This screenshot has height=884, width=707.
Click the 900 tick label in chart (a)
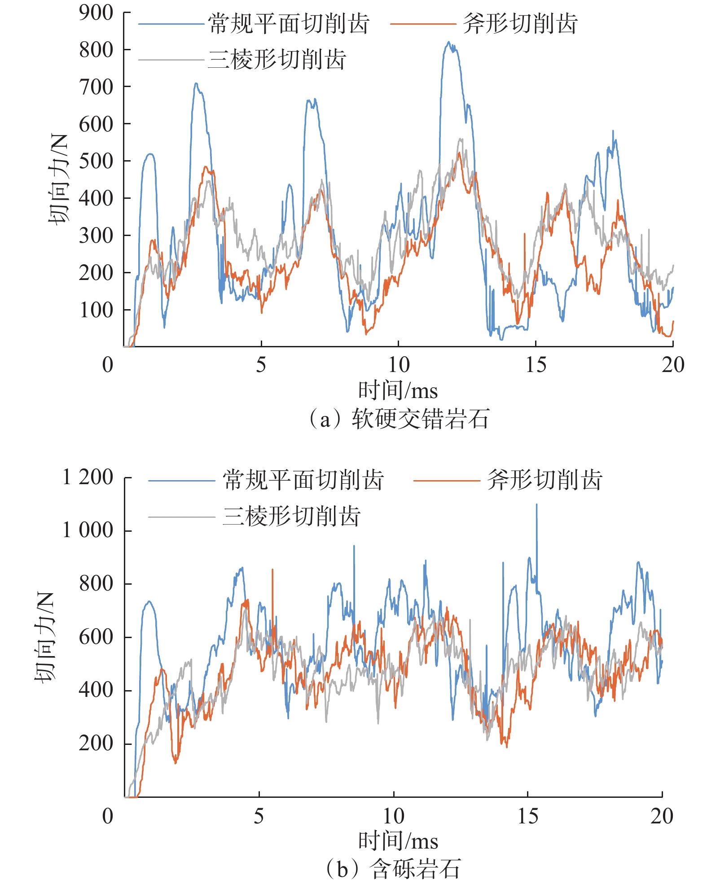(96, 13)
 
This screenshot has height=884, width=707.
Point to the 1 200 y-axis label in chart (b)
(88, 477)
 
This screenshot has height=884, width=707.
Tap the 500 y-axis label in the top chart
(96, 161)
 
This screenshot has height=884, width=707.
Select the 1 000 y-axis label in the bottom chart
(88, 530)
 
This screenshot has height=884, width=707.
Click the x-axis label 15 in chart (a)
(536, 365)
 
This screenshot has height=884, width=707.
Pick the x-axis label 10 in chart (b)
(394, 816)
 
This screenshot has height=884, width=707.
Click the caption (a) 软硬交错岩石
(398, 419)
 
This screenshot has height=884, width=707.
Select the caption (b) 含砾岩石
(392, 869)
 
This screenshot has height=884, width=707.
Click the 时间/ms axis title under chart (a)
(398, 390)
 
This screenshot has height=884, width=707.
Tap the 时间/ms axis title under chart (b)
(398, 841)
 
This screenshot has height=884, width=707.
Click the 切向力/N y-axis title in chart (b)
(44, 637)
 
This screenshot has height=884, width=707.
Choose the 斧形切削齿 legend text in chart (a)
(520, 23)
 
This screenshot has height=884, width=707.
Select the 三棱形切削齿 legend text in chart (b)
(292, 516)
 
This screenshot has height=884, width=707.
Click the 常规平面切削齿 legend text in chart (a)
(289, 23)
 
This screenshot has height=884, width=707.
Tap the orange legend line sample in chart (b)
(446, 481)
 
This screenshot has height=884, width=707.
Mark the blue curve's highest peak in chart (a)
(448, 43)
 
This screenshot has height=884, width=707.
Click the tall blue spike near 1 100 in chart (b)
(536, 505)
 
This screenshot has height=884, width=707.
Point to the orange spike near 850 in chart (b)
(272, 570)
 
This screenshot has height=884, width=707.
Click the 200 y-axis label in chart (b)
(96, 743)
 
